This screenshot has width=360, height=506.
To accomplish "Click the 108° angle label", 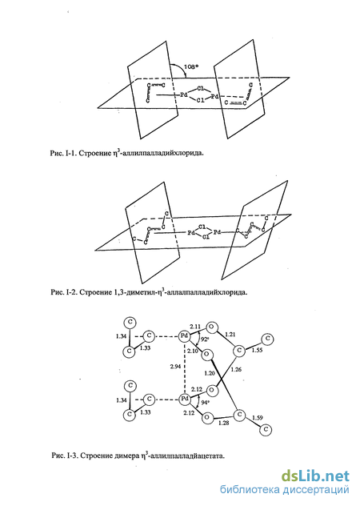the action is (191, 66).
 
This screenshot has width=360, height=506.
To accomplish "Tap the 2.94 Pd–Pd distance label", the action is (176, 366).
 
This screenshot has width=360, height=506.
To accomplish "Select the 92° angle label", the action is (205, 339).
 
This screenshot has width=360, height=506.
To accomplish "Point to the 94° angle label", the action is (205, 403).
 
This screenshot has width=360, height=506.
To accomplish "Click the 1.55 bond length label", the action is (257, 350).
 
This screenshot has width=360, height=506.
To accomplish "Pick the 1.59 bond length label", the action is (258, 418).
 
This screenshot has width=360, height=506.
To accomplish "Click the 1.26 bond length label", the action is (236, 370).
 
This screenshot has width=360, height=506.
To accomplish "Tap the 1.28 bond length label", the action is (223, 423).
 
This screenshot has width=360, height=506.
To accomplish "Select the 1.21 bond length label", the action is (230, 335).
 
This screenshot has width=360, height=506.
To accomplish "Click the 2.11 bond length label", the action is (195, 327).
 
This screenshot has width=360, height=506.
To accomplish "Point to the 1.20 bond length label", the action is (210, 373).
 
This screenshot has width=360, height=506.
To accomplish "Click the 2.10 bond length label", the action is (193, 351).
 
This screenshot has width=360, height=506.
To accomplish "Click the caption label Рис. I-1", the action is (63, 153).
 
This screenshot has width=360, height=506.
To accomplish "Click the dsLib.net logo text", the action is (315, 476).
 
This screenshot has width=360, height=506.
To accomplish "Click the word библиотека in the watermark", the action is (250, 489).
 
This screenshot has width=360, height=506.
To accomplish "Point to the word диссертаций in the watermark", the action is (317, 490).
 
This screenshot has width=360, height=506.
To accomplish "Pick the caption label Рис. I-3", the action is (65, 456).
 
